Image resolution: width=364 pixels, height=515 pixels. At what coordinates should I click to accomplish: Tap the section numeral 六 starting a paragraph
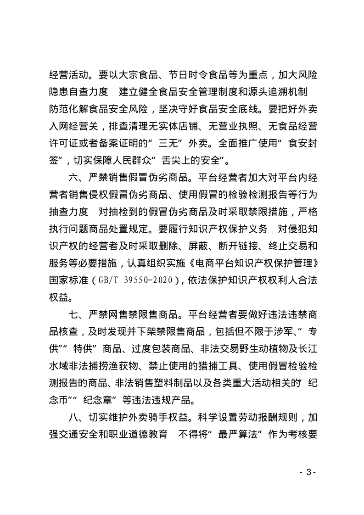[73, 177]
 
